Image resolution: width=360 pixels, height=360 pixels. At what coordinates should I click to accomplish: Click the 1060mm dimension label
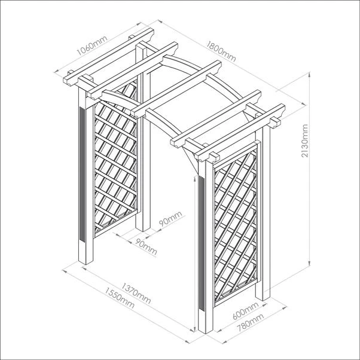pyautogui.click(x=92, y=45)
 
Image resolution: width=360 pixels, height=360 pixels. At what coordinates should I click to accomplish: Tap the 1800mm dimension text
pyautogui.click(x=221, y=51)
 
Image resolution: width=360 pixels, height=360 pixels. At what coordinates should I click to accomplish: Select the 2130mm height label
pyautogui.click(x=304, y=141)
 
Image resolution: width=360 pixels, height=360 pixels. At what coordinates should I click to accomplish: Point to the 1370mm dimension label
pyautogui.click(x=136, y=293)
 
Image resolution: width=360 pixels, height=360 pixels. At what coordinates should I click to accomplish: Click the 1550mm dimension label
pyautogui.click(x=120, y=298)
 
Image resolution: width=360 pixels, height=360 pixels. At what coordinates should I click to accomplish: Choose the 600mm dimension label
pyautogui.click(x=245, y=310)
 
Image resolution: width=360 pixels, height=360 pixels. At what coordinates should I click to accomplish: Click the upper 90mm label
pyautogui.click(x=170, y=219)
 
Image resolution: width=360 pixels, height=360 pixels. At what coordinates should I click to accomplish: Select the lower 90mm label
pyautogui.click(x=146, y=247)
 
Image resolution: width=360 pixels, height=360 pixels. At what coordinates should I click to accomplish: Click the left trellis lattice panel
pyautogui.click(x=116, y=158)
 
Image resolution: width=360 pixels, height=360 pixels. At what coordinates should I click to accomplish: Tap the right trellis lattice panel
pyautogui.click(x=236, y=224)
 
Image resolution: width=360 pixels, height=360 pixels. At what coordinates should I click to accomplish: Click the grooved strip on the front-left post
pyautogui.click(x=82, y=174)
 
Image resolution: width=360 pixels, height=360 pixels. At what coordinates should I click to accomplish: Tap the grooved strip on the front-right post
pyautogui.click(x=202, y=243)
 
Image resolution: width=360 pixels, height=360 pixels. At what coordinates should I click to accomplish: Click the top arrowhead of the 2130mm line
pyautogui.click(x=310, y=74)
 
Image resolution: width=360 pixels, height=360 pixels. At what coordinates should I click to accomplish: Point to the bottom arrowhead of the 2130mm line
pyautogui.click(x=310, y=264)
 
